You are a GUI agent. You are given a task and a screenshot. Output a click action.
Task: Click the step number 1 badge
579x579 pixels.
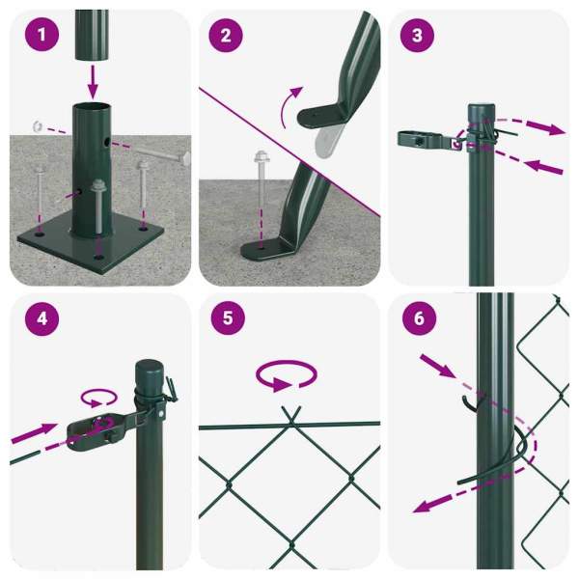[x=41, y=35]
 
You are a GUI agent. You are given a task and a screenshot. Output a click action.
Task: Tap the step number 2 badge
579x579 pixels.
[x=226, y=36]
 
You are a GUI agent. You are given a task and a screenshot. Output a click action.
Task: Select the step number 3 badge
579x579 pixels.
[x=417, y=36]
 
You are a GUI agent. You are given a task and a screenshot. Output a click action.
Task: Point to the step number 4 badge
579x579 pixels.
[x=41, y=318]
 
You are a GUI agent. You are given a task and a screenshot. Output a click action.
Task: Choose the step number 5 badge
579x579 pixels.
[x=228, y=317]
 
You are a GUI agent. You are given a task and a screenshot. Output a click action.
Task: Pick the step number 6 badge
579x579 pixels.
[x=419, y=318]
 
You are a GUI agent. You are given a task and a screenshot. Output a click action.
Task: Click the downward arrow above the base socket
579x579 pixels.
[x=93, y=82]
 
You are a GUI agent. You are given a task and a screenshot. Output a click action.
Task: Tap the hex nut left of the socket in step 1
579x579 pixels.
[x=38, y=126]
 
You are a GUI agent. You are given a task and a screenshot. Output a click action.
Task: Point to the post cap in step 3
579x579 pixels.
[x=482, y=113]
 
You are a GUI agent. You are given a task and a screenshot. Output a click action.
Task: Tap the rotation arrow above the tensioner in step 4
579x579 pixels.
[x=99, y=398]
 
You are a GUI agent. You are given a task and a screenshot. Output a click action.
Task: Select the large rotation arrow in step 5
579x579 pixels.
[x=287, y=375]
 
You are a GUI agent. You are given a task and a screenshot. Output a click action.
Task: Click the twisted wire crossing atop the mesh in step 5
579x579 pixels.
[x=291, y=420]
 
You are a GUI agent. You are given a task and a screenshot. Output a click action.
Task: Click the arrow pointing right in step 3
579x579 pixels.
[x=545, y=127]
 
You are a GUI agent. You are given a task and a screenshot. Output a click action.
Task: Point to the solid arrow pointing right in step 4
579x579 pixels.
[x=34, y=433]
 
